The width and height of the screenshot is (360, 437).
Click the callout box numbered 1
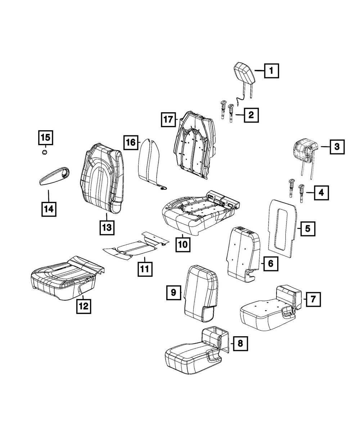point(271,71)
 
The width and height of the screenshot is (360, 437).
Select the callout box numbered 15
point(46,138)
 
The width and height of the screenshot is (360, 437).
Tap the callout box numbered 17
point(168,120)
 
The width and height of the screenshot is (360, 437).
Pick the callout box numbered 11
point(145,269)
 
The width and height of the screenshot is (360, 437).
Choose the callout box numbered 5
point(308,229)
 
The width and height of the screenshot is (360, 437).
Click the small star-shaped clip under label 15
point(45,152)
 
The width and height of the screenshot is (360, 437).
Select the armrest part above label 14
point(54,176)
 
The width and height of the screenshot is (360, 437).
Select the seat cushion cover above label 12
point(67,279)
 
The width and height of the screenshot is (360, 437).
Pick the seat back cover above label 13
point(102,178)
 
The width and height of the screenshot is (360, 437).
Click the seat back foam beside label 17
point(195,145)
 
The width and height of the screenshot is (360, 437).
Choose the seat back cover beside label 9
point(201,294)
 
